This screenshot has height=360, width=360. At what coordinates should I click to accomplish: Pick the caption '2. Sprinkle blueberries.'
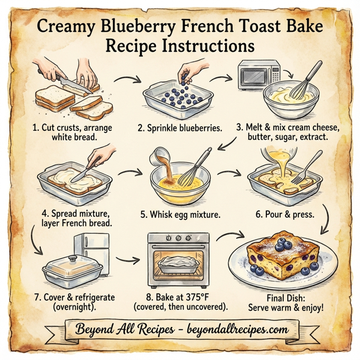click(179, 127)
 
